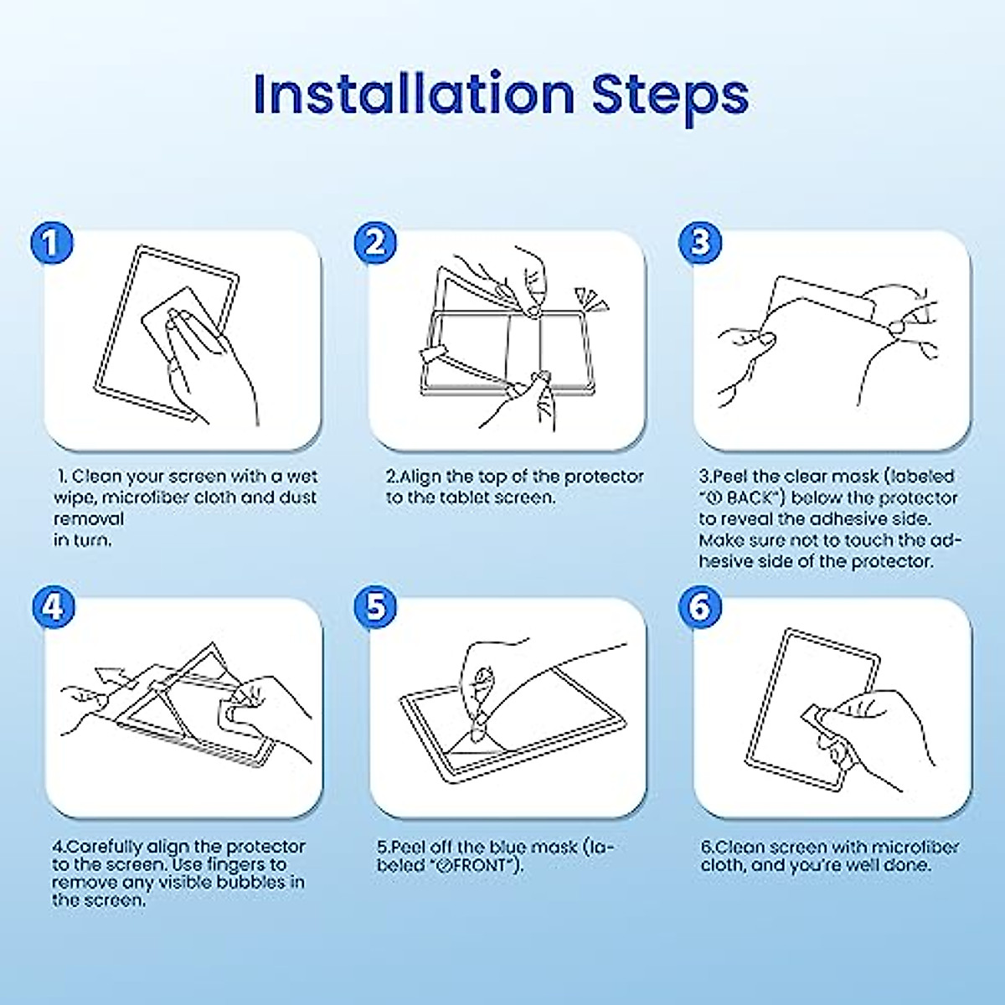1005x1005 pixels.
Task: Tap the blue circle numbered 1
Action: pos(52,243)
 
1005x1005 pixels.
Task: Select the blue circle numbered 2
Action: pos(375,243)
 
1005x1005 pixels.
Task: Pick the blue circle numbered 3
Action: pos(700,243)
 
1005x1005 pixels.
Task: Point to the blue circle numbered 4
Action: pos(54,608)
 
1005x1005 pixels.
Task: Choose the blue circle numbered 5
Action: pos(375,608)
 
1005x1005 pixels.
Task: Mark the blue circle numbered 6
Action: pos(700,608)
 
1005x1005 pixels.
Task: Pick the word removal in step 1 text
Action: pos(89,519)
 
